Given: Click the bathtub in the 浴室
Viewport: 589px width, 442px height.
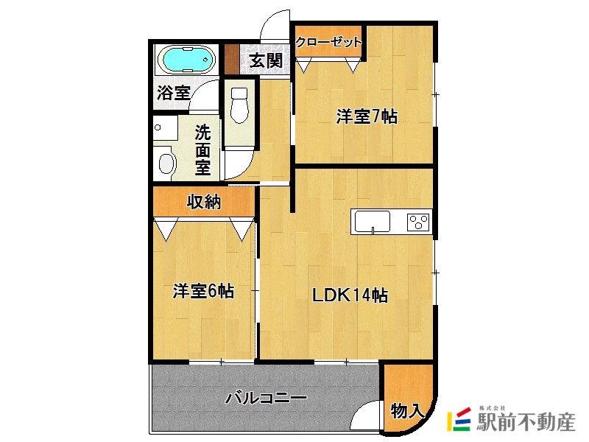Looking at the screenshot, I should [x=186, y=60].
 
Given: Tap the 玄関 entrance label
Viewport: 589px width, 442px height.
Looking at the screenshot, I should [x=265, y=60].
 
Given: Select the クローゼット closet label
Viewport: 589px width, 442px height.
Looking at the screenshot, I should [x=328, y=42].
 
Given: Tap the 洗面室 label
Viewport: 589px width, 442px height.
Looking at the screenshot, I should [x=203, y=150].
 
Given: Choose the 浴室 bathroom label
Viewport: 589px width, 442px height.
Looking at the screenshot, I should [x=174, y=94].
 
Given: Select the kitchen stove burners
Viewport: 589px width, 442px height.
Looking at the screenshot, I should [x=417, y=221].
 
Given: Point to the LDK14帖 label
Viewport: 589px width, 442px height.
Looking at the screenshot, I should [x=350, y=295].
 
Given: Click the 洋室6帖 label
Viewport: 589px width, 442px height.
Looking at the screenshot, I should [x=203, y=291].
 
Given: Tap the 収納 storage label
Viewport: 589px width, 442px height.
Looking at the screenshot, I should [x=203, y=202].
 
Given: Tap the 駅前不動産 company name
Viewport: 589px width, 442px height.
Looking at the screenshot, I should [x=526, y=423].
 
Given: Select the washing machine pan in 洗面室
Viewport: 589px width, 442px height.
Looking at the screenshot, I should [x=166, y=161].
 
